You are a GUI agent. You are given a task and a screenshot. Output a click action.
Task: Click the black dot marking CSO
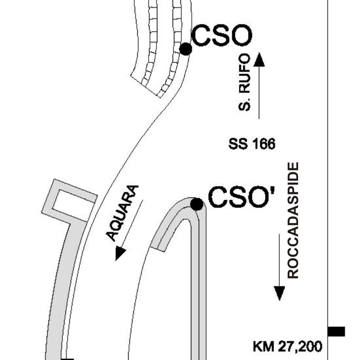click(x=186, y=49)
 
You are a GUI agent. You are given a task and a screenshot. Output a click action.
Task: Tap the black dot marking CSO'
click(x=197, y=204)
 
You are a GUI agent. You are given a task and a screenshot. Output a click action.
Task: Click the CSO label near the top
click(x=221, y=35)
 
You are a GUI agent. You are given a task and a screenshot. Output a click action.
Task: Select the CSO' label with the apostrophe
click(x=241, y=197)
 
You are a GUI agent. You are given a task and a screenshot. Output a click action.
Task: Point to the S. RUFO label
click(x=244, y=82)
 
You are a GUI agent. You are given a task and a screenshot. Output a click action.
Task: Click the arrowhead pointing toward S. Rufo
click(x=259, y=59)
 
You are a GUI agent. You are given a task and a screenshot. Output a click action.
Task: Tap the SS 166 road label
click(x=252, y=144)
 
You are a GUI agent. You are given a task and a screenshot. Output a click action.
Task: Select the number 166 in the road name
click(x=264, y=144)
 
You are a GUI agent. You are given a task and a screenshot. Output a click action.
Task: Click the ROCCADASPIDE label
click(x=293, y=221)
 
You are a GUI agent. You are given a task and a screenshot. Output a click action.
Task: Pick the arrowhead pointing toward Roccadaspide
click(x=279, y=293)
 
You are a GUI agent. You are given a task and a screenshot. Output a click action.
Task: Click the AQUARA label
click(x=122, y=213)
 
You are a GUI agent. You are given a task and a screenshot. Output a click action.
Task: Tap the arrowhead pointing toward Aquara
click(x=120, y=253)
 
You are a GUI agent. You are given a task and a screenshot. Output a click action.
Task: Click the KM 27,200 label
click(x=288, y=346)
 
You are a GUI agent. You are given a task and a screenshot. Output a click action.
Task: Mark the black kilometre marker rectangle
click(x=336, y=332)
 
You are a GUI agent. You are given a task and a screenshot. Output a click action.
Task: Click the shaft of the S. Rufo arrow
click(x=259, y=92)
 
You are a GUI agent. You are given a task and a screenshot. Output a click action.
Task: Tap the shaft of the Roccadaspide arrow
click(x=279, y=260)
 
